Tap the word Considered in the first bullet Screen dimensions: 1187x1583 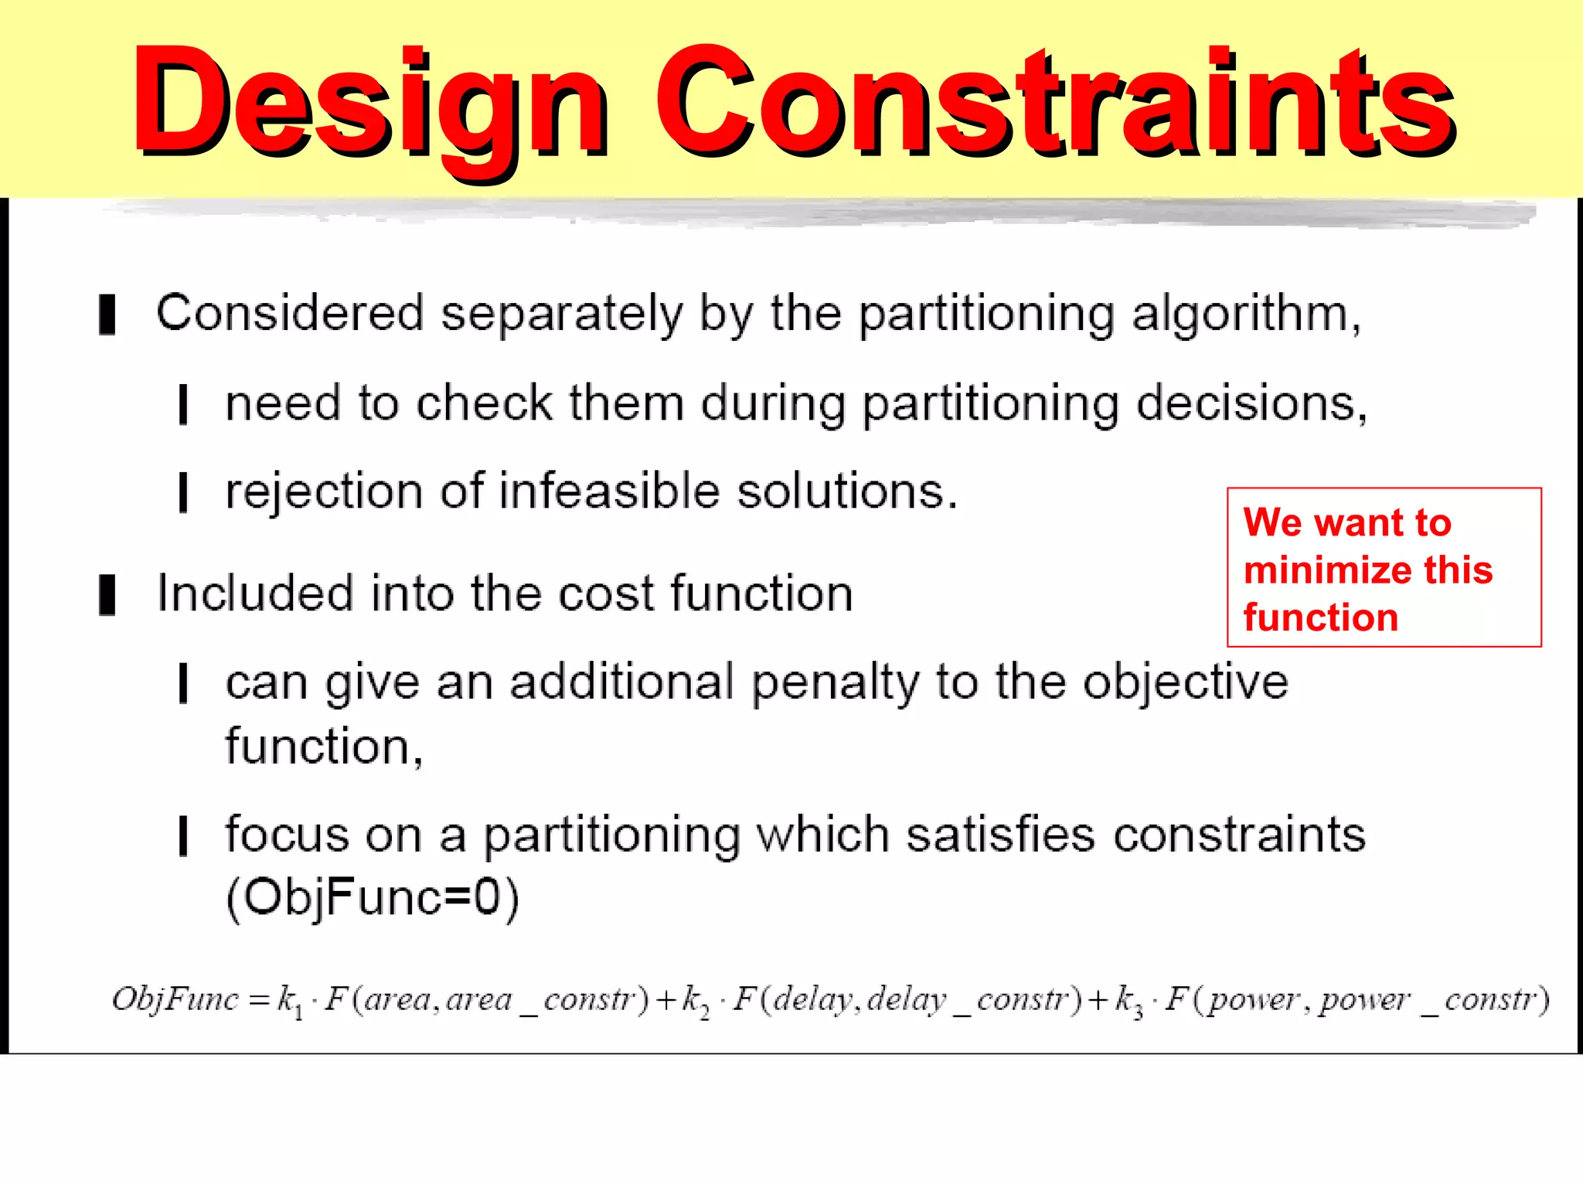coord(290,314)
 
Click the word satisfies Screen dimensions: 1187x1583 coord(1000,835)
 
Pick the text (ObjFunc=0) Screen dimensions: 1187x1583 coord(373,898)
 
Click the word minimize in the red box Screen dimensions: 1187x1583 coord(1328,570)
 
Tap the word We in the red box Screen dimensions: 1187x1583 coord(1272,522)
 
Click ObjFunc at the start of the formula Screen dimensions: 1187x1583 coord(175,1000)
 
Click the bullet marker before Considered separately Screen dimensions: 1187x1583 coord(107,315)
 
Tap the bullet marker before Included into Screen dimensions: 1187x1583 coord(107,594)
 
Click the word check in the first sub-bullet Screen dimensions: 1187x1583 coord(484,403)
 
